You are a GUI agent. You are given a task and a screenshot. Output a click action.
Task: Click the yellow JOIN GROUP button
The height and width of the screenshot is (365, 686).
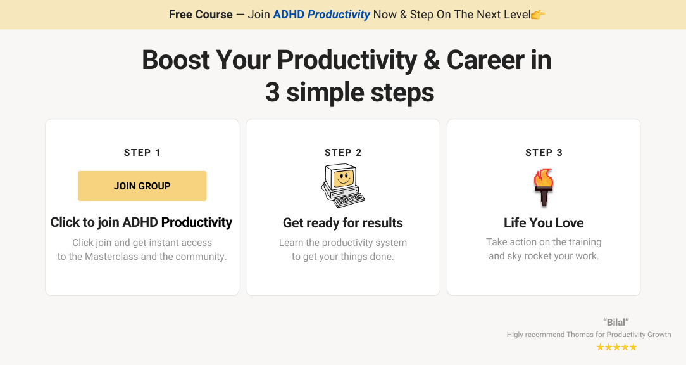pos(142,186)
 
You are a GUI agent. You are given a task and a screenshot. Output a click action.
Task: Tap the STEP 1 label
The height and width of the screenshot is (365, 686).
pos(142,153)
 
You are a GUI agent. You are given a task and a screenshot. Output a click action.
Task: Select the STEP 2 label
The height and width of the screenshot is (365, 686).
pos(343,153)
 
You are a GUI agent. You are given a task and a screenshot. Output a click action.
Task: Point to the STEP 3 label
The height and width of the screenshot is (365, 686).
pos(544,153)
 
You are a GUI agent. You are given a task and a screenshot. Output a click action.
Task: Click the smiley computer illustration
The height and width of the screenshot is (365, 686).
pos(343,186)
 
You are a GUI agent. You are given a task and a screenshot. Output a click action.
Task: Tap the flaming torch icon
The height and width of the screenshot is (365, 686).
pos(544,187)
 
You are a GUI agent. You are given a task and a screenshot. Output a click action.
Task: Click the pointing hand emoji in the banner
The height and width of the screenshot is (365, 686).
pos(538,15)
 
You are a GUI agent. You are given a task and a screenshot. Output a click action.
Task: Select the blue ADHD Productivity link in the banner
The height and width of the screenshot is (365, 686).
pos(321,15)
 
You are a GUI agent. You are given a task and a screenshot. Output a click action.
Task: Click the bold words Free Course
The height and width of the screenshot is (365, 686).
pos(201,15)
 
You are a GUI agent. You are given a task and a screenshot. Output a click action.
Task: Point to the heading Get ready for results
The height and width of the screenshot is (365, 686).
pos(343,223)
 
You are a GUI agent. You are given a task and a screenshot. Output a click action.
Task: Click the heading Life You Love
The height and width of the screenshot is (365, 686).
pos(544,222)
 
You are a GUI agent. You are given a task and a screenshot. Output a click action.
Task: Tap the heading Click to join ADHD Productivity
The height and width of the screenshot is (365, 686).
pos(141,222)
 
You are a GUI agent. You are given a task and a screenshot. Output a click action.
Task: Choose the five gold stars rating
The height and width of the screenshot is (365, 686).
pos(617,347)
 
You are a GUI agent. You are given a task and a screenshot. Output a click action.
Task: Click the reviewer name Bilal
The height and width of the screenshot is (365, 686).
pos(616,322)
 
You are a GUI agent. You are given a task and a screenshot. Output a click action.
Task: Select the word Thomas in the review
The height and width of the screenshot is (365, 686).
pos(580,335)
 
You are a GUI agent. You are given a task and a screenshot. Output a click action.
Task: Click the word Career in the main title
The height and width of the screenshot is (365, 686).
pos(485,60)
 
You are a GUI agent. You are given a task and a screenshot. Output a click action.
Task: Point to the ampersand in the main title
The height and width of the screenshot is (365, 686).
pos(432,60)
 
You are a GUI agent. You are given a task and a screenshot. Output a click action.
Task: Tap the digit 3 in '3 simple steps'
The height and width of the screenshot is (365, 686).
pos(272,93)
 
